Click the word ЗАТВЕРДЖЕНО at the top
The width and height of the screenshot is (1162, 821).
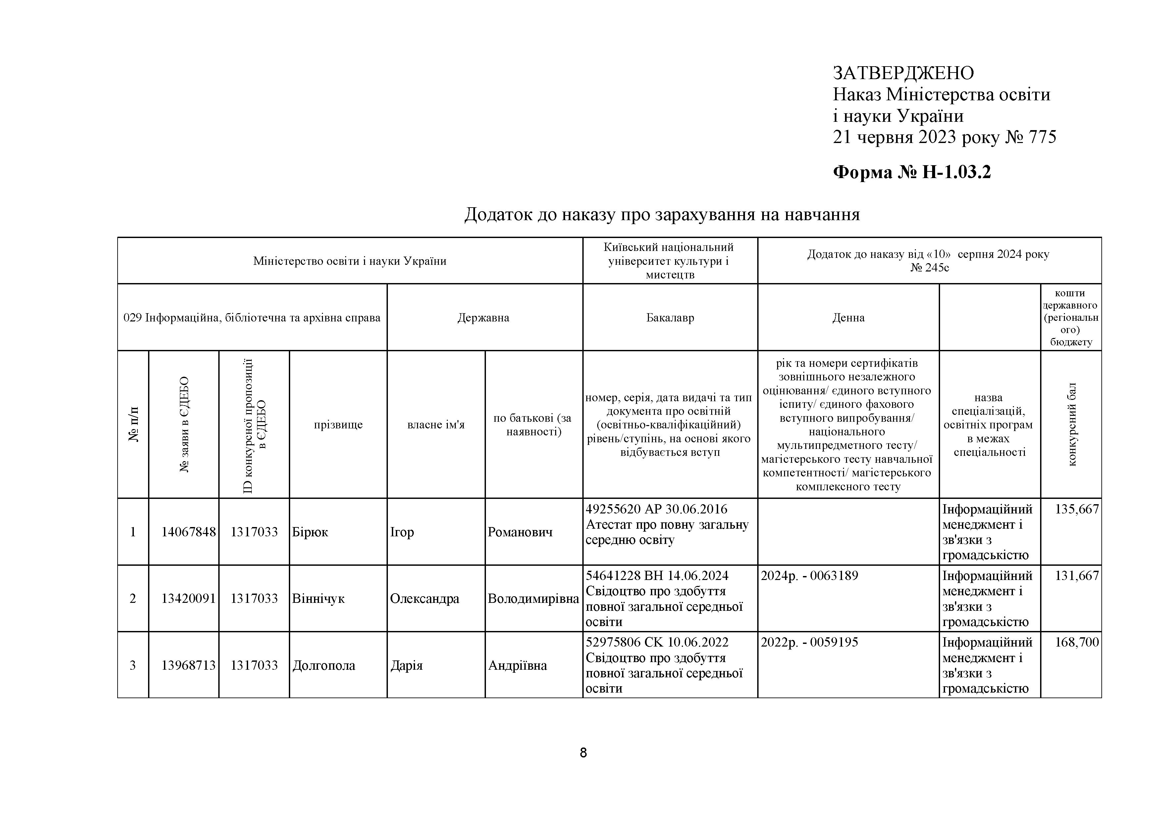903,73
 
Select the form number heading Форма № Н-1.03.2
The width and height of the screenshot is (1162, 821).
912,172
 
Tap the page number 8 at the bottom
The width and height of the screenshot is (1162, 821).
583,753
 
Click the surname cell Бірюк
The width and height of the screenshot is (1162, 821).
310,532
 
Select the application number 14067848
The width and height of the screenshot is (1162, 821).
188,532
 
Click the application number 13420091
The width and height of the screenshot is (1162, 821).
188,599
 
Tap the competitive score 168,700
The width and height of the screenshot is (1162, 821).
1077,643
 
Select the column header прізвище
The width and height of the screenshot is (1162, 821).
338,424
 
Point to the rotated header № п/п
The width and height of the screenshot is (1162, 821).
133,424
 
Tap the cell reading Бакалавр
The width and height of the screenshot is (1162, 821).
670,318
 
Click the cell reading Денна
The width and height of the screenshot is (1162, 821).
848,318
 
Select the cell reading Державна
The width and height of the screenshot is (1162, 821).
483,318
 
